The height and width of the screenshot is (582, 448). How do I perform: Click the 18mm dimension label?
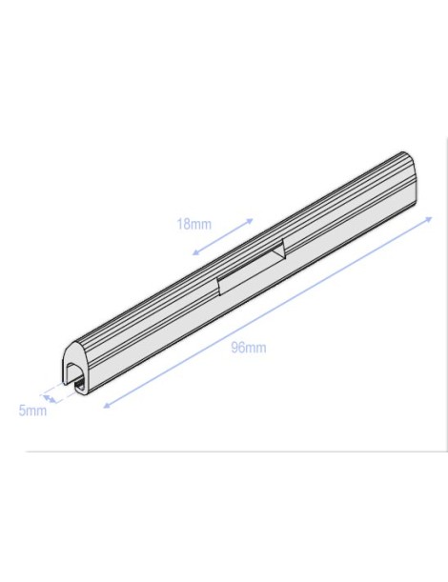(193, 225)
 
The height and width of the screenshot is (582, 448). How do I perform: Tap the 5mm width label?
(32, 411)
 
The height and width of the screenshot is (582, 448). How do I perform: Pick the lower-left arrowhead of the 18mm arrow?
(194, 253)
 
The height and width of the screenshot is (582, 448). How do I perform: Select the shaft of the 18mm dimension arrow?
(223, 237)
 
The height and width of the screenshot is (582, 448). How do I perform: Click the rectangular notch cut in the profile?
(249, 266)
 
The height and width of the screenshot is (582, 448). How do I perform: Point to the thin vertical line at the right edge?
(444, 286)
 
